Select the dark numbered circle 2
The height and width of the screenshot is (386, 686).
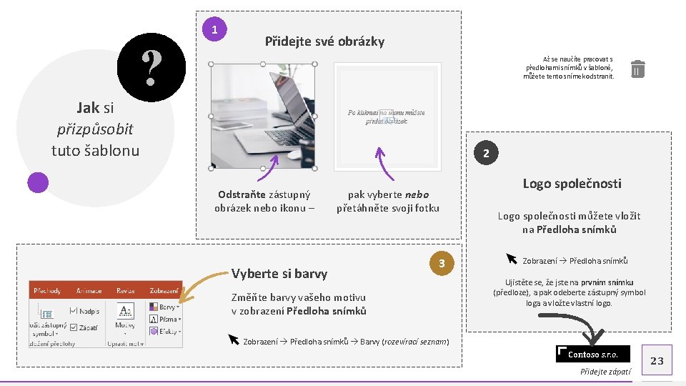point(485,154)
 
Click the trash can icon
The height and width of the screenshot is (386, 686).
point(638,69)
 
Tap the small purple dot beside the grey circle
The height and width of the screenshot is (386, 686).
point(38,183)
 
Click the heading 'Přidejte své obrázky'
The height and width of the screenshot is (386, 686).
point(324,41)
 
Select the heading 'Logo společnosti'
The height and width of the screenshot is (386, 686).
point(572,184)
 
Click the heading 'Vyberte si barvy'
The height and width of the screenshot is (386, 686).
point(279,274)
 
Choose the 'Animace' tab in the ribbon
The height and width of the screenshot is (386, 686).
point(89,291)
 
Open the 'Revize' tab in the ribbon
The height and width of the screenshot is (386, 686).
point(125,291)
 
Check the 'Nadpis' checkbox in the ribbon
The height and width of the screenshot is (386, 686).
point(74,311)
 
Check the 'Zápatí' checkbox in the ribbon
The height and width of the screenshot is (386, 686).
point(74,328)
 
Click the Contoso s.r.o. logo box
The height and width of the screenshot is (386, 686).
point(593,355)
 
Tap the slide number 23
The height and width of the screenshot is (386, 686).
point(657,361)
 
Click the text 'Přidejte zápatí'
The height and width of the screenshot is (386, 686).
point(605,372)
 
